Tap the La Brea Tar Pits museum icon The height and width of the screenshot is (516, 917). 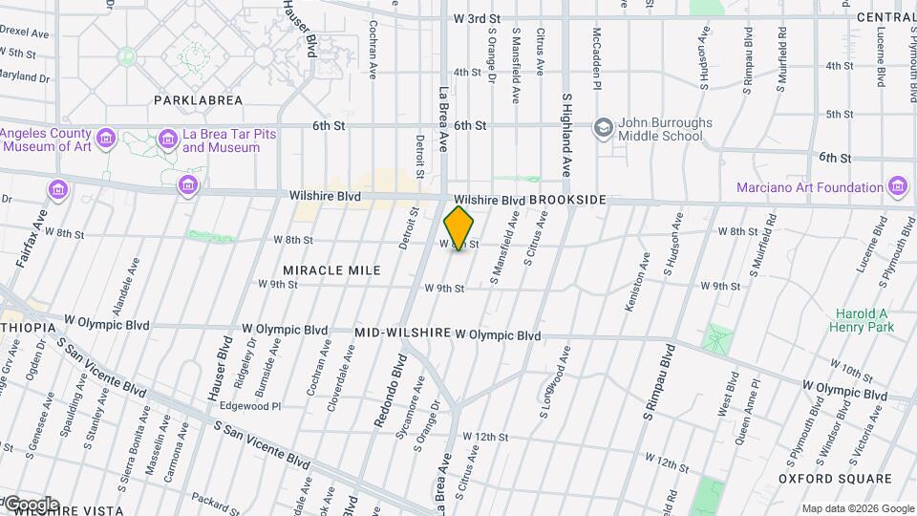coord(168,140)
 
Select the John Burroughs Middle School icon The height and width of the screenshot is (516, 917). coord(603,127)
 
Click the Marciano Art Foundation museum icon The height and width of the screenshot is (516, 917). coord(897,187)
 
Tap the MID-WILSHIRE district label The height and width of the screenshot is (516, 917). coord(402,333)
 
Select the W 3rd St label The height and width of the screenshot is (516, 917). coord(478,18)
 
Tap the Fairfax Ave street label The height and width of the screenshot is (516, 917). coord(41,230)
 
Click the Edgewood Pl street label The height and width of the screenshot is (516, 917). coord(250,406)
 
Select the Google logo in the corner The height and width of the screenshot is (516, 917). coord(31,505)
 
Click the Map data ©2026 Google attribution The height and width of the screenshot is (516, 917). coord(857,508)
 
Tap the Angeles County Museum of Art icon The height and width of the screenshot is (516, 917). coord(106,140)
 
